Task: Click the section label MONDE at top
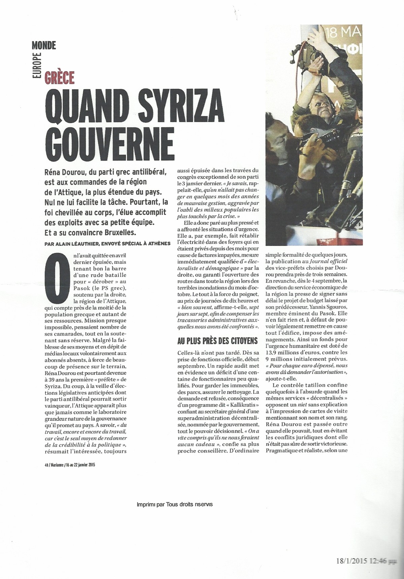(x=44, y=45)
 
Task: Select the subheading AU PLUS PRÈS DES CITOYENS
(x=217, y=340)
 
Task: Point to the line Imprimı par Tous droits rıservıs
(x=174, y=504)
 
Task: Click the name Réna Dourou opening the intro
(x=65, y=172)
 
